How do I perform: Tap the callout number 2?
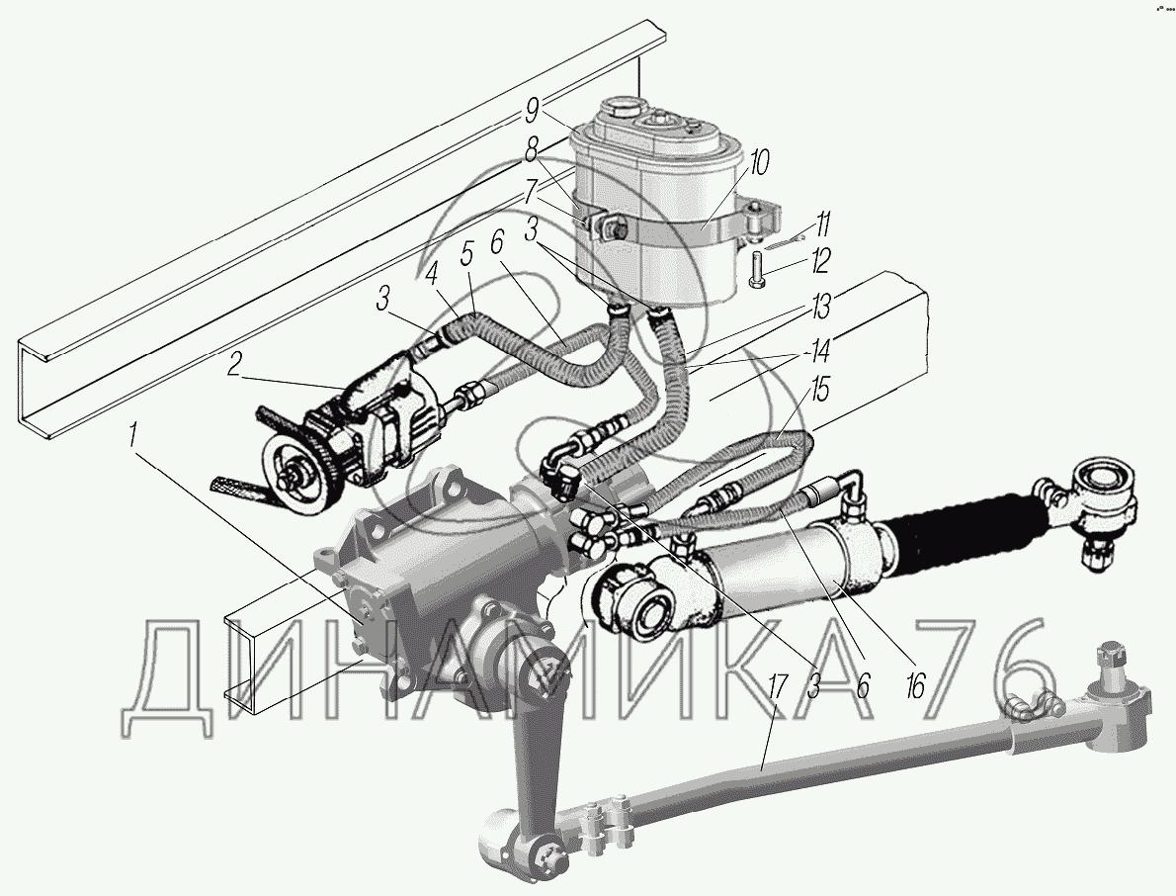click(x=235, y=365)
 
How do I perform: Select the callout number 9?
click(x=531, y=111)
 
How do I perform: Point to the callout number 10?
click(x=758, y=163)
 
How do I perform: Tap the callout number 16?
click(x=915, y=684)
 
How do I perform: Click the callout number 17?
click(x=777, y=686)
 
